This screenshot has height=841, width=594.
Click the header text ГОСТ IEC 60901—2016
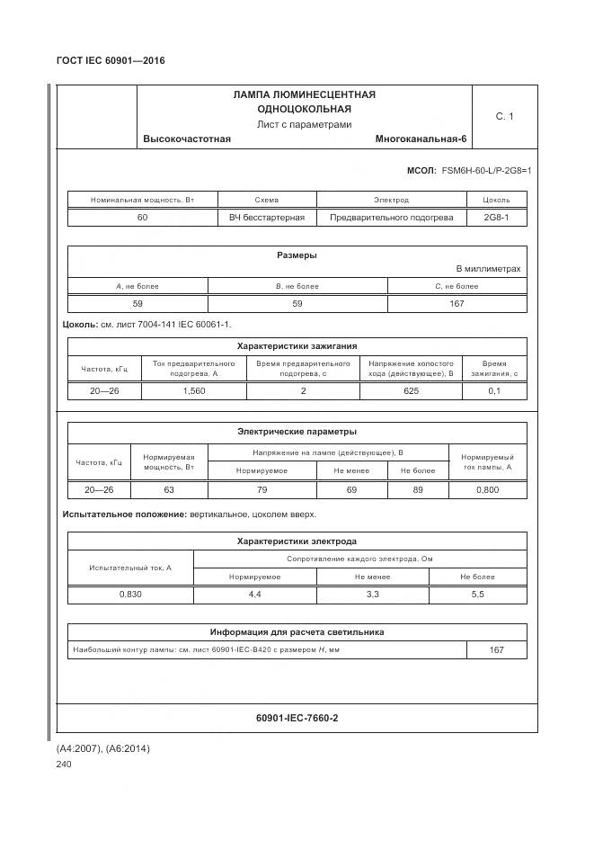(x=111, y=61)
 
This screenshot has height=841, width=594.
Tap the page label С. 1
(x=504, y=116)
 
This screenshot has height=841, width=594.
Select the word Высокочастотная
(x=187, y=139)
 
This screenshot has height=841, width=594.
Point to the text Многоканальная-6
(x=421, y=139)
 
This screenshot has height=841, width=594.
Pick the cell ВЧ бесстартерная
(x=267, y=218)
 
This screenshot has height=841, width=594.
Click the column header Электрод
(x=391, y=200)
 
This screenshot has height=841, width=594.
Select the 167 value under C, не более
(x=457, y=304)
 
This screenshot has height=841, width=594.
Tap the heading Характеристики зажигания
(x=297, y=345)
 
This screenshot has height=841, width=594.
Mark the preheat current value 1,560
(x=194, y=391)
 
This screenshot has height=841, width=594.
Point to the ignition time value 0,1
(x=494, y=391)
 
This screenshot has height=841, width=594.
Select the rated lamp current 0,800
(x=487, y=490)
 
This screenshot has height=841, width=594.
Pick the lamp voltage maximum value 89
(x=418, y=490)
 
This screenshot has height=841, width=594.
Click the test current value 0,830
(x=130, y=595)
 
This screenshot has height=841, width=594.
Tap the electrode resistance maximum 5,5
(x=478, y=595)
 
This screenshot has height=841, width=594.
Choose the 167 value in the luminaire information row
(x=496, y=650)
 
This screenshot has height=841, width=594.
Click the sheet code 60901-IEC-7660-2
(x=297, y=718)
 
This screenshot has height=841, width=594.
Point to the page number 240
(x=64, y=765)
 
